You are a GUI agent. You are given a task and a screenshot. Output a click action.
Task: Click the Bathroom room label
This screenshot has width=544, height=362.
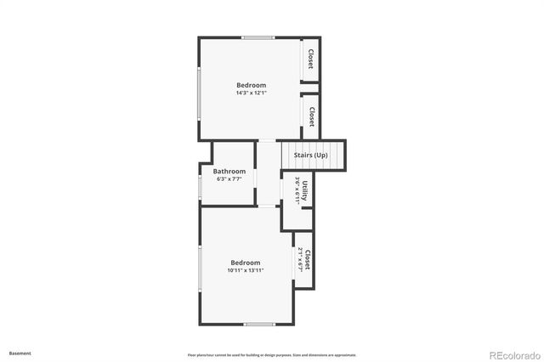click(x=229, y=171)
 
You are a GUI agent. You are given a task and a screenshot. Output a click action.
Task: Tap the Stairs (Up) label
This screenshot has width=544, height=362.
click(x=310, y=156)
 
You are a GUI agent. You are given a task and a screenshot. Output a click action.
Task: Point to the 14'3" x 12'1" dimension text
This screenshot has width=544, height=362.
click(x=251, y=93)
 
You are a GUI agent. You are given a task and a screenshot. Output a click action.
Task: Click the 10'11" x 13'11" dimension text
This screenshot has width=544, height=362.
click(x=245, y=270)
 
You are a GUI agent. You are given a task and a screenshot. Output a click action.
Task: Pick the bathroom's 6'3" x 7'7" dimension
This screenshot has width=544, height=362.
click(x=229, y=179)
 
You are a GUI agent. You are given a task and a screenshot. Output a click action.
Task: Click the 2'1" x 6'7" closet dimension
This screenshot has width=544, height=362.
click(x=301, y=259)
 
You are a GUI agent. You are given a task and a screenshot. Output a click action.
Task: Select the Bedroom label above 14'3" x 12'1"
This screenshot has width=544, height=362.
click(x=251, y=85)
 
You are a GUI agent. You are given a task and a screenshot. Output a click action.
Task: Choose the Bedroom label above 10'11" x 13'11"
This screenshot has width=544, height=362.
click(x=245, y=263)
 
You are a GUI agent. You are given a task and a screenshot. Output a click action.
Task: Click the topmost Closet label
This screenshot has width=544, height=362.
click(x=311, y=59)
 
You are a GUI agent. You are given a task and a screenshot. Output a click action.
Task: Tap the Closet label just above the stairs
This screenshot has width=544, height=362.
click(x=311, y=116)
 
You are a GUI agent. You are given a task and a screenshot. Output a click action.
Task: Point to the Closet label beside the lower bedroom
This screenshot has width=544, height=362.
click(x=308, y=259)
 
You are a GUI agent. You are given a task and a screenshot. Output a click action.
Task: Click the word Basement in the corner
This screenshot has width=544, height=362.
click(x=20, y=352)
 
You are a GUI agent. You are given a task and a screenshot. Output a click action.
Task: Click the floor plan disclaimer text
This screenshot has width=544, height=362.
click(x=272, y=354)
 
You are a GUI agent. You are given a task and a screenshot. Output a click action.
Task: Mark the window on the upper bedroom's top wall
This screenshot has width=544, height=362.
click(x=258, y=37)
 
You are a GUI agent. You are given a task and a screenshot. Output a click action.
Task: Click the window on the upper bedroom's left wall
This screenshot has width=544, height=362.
click(x=199, y=93)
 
